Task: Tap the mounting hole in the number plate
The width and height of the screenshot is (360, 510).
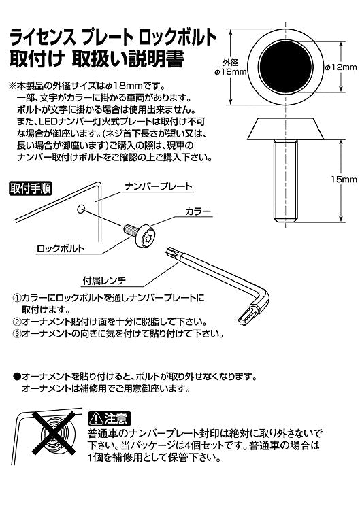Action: click(x=81, y=208)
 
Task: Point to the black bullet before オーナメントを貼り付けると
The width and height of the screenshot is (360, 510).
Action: click(x=16, y=376)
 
